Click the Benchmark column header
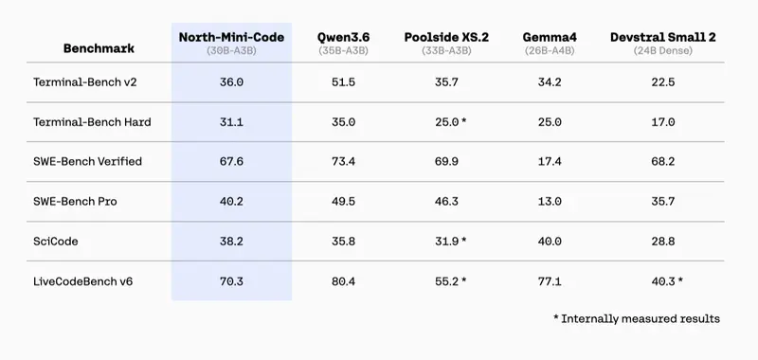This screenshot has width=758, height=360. (x=99, y=48)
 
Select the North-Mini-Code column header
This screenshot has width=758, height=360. (x=231, y=37)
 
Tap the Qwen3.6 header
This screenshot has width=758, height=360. (x=343, y=37)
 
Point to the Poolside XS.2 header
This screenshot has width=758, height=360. (x=446, y=37)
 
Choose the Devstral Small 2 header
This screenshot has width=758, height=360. (x=662, y=37)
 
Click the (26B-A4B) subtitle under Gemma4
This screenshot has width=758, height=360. (x=550, y=51)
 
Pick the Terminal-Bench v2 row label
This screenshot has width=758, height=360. (x=85, y=82)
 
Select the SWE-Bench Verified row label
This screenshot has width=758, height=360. (x=87, y=161)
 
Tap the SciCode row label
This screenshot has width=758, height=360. (x=56, y=242)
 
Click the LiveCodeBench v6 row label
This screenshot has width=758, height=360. (x=82, y=281)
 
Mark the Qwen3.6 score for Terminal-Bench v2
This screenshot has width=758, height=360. (x=343, y=82)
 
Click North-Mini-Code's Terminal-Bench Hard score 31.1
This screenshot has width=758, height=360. (x=231, y=122)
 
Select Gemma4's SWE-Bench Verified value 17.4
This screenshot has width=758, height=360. (x=550, y=161)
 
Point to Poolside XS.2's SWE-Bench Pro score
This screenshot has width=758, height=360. (x=446, y=202)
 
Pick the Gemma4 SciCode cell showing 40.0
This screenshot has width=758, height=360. (x=550, y=242)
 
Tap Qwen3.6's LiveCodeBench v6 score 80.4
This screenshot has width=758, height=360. (x=343, y=281)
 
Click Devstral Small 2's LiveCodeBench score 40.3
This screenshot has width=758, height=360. (x=662, y=281)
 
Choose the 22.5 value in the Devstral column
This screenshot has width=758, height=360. (x=662, y=82)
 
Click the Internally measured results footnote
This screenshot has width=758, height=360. (x=637, y=319)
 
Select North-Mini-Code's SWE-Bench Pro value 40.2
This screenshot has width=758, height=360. (x=231, y=202)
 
